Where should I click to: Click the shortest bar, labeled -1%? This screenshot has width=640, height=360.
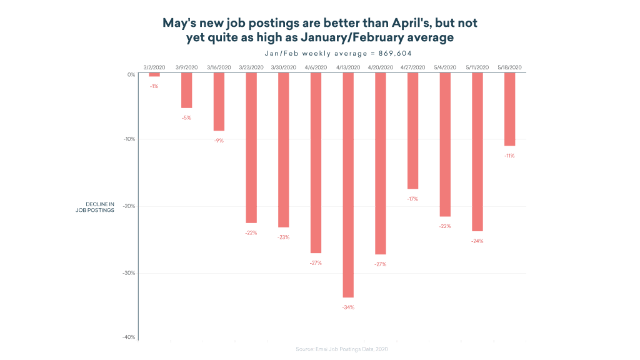[x=154, y=74]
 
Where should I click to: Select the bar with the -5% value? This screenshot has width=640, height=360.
[x=186, y=91]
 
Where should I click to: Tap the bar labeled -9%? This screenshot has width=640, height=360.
[x=219, y=102]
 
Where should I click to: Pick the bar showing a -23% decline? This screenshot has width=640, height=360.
[x=284, y=150]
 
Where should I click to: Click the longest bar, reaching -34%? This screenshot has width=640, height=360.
[x=348, y=185]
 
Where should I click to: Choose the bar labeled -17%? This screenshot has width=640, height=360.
[x=412, y=131]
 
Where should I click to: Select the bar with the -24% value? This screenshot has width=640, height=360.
[x=477, y=152]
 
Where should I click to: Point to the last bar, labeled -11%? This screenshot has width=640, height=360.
[x=510, y=109]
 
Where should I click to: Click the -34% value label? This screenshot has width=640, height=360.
[x=348, y=307]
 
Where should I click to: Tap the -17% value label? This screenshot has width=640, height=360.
[x=412, y=199]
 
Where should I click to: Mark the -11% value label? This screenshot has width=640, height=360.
[x=510, y=156]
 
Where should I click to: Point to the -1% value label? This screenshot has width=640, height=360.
[x=154, y=86]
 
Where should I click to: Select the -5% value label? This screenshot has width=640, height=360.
[x=186, y=117]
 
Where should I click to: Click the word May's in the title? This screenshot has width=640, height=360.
[x=181, y=24]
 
